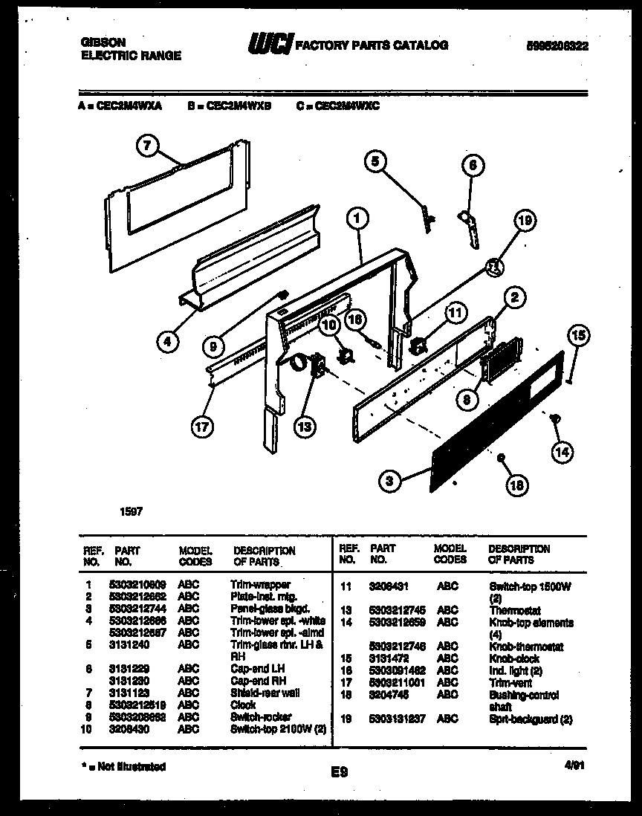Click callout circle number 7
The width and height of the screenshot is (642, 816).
pos(148,146)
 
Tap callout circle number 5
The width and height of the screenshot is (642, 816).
pos(375,160)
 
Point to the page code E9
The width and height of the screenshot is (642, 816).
pos(339,772)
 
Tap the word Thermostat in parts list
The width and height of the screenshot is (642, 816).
pos(514,611)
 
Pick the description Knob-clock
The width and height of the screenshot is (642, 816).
pos(514,658)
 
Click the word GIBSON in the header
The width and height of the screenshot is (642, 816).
pos(103,43)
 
